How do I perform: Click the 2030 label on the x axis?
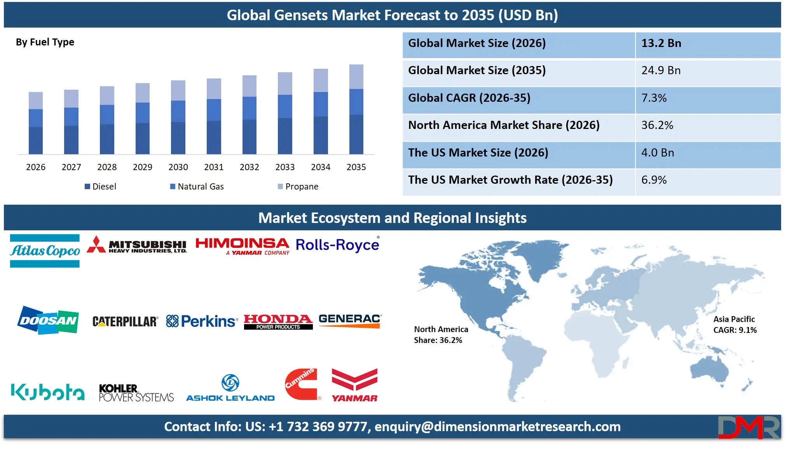pyautogui.click(x=178, y=167)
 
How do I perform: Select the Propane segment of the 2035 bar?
pyautogui.click(x=356, y=77)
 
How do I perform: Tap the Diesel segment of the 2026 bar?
pyautogui.click(x=36, y=140)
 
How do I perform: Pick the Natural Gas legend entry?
pyautogui.click(x=197, y=186)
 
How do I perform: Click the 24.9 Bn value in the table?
pyautogui.click(x=661, y=71)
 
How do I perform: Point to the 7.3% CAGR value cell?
pyautogui.click(x=654, y=98)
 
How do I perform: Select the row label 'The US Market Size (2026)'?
pyautogui.click(x=478, y=153)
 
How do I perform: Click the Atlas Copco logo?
pyautogui.click(x=45, y=251)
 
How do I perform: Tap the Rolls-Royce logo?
pyautogui.click(x=337, y=245)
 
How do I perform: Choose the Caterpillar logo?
pyautogui.click(x=125, y=322)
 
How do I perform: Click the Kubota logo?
pyautogui.click(x=47, y=392)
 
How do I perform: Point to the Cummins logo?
pyautogui.click(x=302, y=384)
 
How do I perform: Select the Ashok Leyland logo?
pyautogui.click(x=230, y=388)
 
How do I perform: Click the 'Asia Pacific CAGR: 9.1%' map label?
pyautogui.click(x=734, y=325)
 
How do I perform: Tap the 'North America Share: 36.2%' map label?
pyautogui.click(x=441, y=335)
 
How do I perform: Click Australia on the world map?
pyautogui.click(x=710, y=369)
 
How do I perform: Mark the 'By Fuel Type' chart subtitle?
pyautogui.click(x=45, y=42)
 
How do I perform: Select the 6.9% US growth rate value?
pyautogui.click(x=654, y=180)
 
